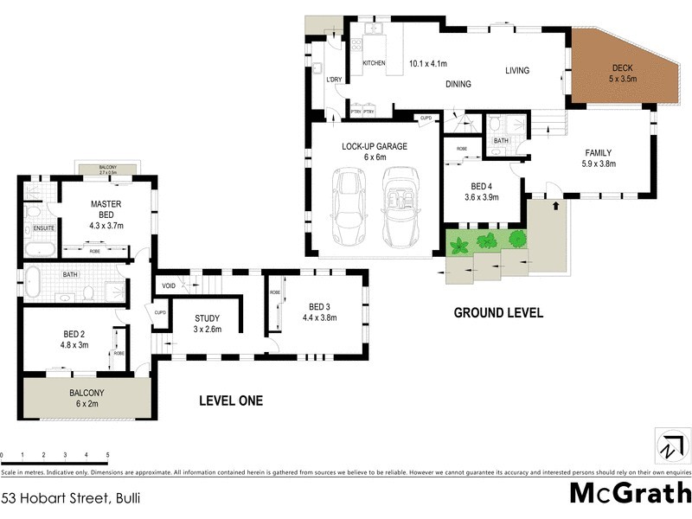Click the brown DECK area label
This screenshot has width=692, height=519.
tap(623, 73)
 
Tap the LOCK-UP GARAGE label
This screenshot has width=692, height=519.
tap(374, 151)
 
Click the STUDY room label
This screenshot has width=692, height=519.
tap(207, 323)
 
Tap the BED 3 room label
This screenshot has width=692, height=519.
tap(319, 311)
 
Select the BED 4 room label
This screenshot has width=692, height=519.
tap(481, 191)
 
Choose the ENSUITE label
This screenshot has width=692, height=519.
tap(44, 228)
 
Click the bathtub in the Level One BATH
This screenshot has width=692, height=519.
tap(33, 282)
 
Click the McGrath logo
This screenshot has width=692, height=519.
tap(631, 494)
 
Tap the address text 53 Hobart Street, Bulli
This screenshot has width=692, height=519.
tap(70, 497)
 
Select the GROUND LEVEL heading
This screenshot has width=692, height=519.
tap(498, 313)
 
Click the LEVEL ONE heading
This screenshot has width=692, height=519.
tap(230, 400)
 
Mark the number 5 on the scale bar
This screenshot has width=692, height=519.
tap(107, 454)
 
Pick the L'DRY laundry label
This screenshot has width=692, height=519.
tap(335, 80)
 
